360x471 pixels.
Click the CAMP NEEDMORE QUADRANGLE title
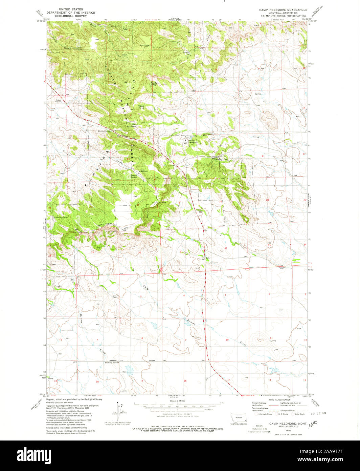pyautogui.click(x=286, y=10)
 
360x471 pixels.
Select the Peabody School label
pyautogui.click(x=112, y=363)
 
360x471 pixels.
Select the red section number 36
pyautogui.click(x=139, y=252)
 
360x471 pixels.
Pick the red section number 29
pyautogui.click(x=221, y=202)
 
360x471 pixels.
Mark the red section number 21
pyautogui.click(x=263, y=156)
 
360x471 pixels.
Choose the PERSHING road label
pyautogui.click(x=112, y=361)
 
